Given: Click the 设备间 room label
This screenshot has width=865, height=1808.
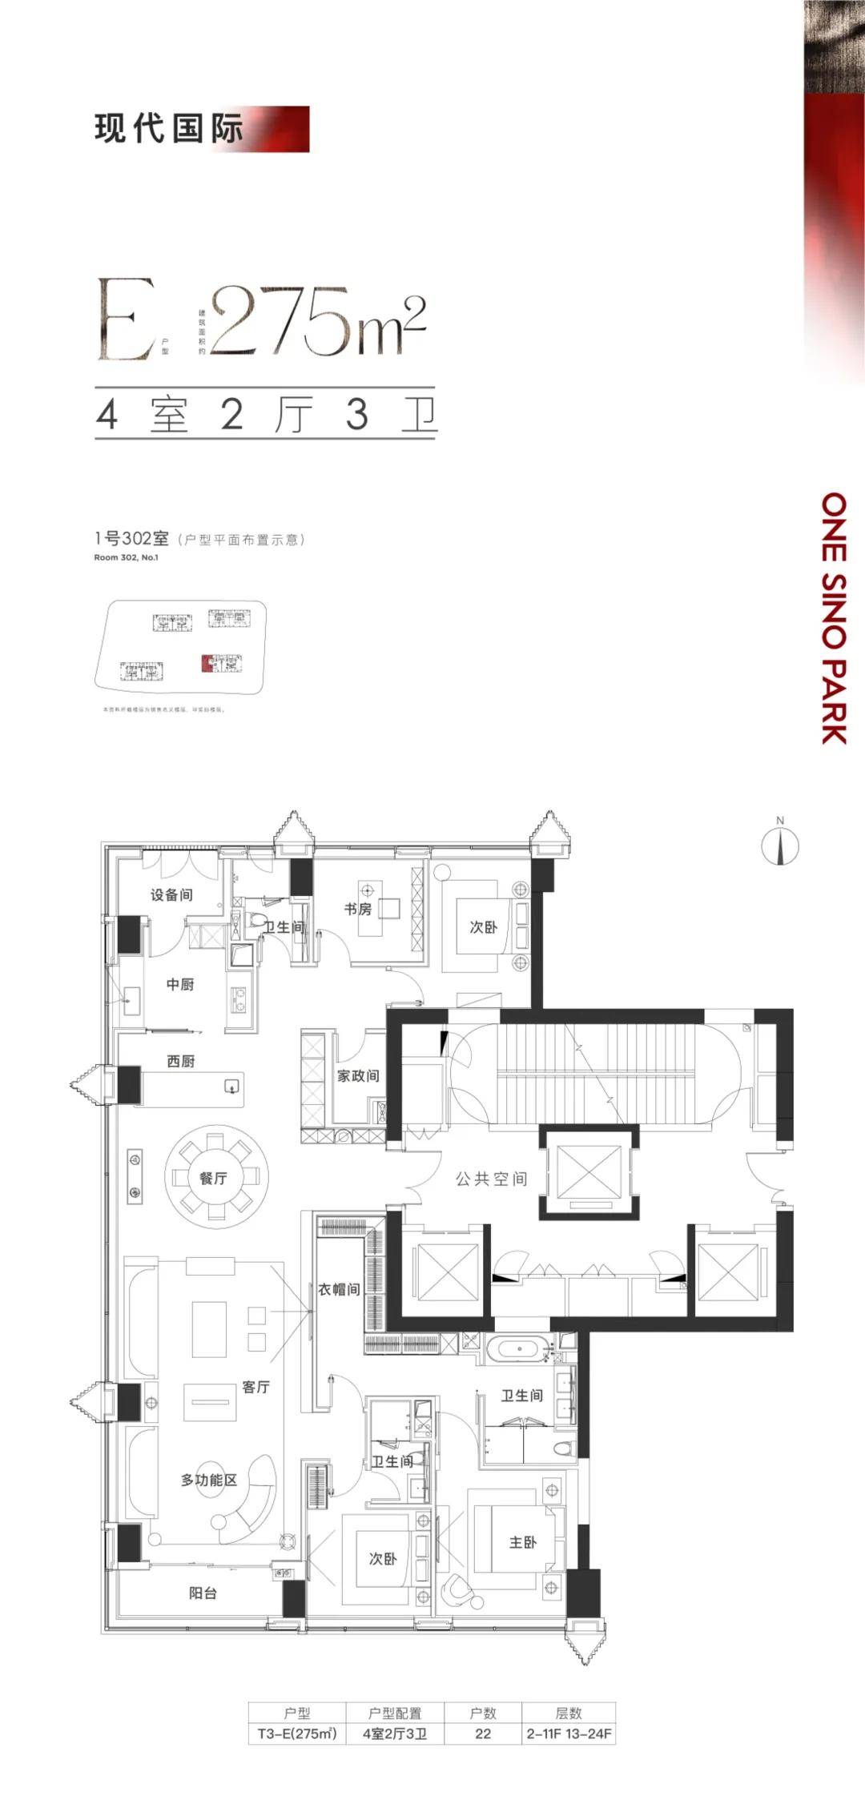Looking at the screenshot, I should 171,894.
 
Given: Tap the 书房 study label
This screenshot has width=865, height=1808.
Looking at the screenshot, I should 358,909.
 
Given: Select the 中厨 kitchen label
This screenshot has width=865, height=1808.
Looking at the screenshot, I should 180,984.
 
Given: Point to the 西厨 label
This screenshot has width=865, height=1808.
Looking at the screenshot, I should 181,1061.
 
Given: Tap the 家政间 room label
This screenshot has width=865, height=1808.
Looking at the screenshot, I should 358,1075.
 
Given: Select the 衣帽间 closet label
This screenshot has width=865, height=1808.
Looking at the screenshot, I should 339,1288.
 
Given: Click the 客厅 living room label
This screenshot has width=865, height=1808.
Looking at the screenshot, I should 255,1386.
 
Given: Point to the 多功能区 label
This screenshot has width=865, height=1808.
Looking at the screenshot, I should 209,1480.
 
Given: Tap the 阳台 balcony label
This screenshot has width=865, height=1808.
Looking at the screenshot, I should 203,1593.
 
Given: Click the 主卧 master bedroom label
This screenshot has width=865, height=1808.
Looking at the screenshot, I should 523,1541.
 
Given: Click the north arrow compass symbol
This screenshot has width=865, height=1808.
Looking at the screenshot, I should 780,846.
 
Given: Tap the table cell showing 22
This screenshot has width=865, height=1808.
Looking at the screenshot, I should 483,1734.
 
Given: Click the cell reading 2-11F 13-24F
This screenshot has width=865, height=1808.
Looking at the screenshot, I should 569,1734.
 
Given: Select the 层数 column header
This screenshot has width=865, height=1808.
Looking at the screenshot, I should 569,1713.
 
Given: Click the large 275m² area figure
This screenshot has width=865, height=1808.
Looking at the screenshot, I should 316,320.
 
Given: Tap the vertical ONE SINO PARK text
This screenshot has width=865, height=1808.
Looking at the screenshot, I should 835,617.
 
